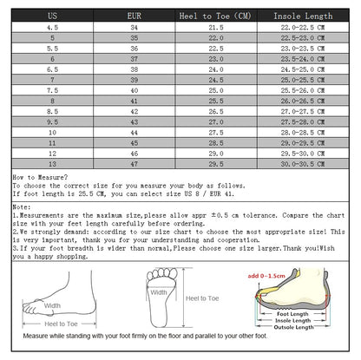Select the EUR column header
tap(133, 16)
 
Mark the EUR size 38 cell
tap(133, 69)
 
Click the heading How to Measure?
tap(36, 177)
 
